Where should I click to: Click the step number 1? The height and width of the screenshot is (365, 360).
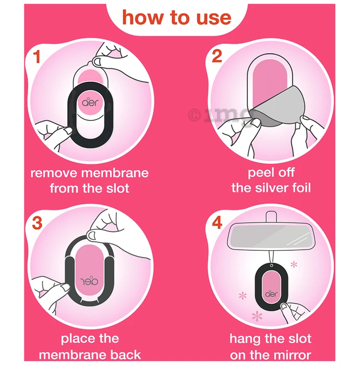(37, 56)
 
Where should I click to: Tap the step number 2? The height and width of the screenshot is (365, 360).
(217, 56)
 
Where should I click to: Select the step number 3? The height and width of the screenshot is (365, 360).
(37, 223)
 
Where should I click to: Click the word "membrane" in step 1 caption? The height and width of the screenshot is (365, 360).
(115, 173)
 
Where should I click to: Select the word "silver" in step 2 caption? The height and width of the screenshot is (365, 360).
(271, 188)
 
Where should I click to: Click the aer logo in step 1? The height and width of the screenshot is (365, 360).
(90, 102)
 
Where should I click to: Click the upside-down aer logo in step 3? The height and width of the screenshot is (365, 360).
(89, 281)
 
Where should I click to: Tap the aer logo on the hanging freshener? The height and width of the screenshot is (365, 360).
(271, 294)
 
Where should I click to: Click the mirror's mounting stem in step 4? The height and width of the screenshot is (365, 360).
(271, 217)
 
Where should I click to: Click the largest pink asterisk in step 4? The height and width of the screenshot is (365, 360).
(257, 316)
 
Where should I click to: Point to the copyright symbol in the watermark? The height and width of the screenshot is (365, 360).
(195, 115)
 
